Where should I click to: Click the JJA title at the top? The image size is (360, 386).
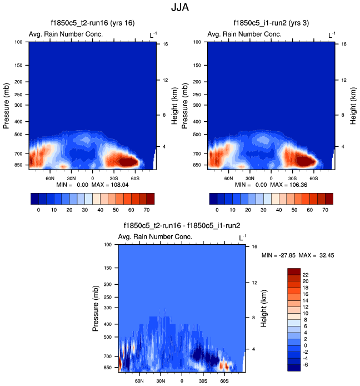(x=180, y=8)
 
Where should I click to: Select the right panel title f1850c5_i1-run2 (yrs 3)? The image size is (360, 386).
(x=270, y=23)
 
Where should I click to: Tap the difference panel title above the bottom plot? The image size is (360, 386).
(x=181, y=225)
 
